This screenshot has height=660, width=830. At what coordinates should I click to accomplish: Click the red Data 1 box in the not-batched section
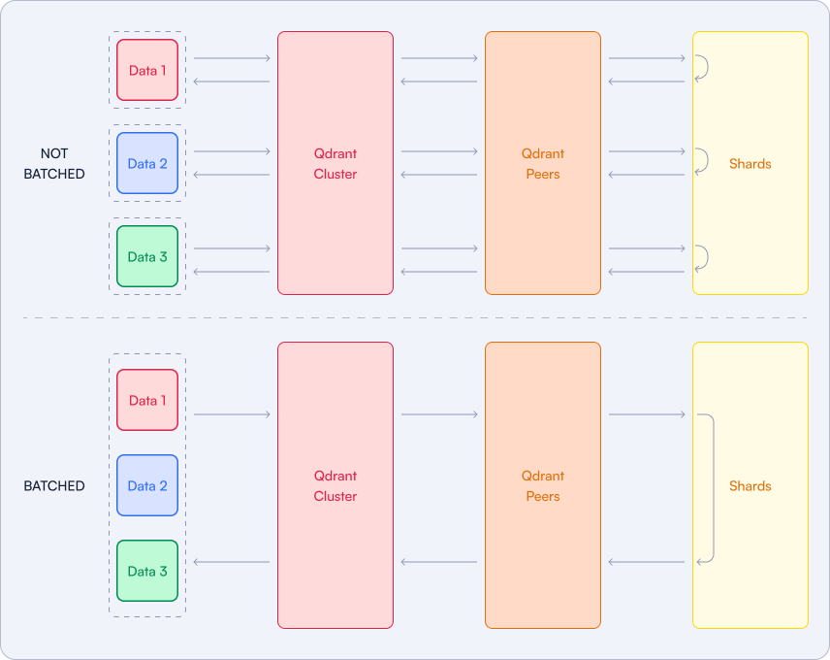coord(147,70)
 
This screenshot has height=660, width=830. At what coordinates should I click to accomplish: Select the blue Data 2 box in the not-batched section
coord(147,163)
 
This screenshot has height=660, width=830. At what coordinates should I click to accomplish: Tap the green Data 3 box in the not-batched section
coord(147,256)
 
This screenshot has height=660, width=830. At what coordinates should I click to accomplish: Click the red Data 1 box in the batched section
coord(147,400)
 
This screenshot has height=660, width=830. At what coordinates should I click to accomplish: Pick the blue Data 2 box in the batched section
coord(147,485)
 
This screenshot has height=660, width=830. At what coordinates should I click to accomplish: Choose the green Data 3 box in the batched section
coord(147,571)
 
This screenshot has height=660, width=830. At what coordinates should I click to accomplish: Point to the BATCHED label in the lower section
coord(54,485)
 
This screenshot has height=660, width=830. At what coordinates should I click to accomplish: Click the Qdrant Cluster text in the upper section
coord(335,164)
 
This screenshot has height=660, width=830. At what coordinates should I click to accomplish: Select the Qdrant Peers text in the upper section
coord(543,164)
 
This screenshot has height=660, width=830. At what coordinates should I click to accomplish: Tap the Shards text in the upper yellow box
coord(750,164)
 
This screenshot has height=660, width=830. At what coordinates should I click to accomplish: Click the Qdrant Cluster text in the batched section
coord(335,485)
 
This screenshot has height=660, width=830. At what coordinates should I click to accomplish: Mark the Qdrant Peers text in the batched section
coord(543,485)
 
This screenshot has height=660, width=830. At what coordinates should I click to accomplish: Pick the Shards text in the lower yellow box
coord(750,485)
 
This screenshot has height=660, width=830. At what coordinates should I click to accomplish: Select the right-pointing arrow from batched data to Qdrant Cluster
coord(232,414)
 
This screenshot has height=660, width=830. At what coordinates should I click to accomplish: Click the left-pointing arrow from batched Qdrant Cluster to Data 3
coord(232,562)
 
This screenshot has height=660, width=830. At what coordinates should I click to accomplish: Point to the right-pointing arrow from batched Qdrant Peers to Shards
coord(647,414)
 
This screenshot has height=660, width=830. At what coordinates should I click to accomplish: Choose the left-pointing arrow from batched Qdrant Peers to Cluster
coord(439,562)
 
